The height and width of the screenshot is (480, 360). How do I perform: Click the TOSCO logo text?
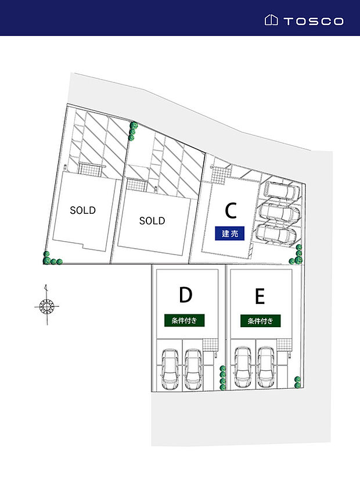pos(314,21)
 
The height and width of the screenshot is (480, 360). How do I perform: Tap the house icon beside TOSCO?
pos(271,20)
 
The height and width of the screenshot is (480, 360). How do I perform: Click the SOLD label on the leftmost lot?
pos(82,210)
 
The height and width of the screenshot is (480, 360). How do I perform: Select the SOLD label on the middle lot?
pos(152,221)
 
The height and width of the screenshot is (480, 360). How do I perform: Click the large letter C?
pos(231,210)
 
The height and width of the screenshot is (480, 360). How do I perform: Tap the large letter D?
pos(186,295)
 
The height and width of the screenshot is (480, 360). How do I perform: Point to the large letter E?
pos(260,296)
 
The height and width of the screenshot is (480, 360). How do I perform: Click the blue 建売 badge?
pos(229,233)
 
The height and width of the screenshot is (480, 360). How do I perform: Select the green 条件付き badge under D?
pos(184,321)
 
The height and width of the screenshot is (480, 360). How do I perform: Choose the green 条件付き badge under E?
pos(260,321)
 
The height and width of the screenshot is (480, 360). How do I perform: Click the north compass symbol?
pos(46,305)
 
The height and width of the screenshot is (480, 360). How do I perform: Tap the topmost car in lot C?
pos(283,191)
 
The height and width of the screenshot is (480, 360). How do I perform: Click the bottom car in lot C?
pos(276,234)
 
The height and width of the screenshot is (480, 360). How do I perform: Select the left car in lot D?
pos(170,370)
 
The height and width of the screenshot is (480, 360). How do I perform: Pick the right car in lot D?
pos(193,370)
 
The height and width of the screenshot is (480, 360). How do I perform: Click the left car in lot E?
pos(243,367)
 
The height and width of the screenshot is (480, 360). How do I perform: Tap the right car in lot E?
pos(266,367)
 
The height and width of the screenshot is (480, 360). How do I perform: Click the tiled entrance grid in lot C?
pos(219,175)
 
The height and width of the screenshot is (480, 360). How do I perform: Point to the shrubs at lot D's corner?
pos(222,378)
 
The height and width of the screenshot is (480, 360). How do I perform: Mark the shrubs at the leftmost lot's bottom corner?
pos(51,259)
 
